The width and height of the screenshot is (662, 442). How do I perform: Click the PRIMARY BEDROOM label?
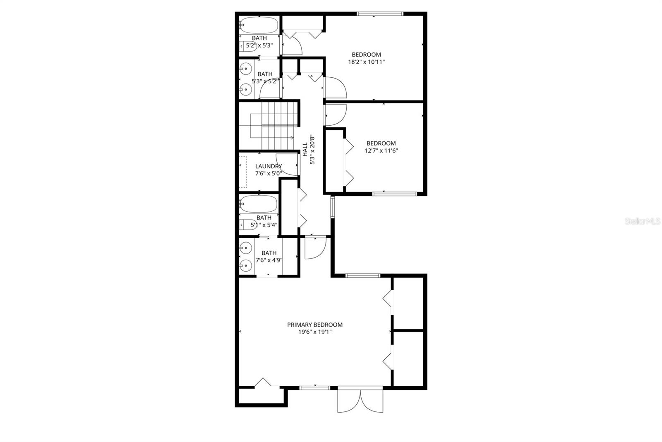coord(314,325)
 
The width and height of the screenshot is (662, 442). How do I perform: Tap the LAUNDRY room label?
coord(268,166)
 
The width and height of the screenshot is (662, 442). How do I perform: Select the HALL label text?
coord(305,150)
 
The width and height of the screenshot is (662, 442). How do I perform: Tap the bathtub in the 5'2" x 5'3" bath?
coord(259,25)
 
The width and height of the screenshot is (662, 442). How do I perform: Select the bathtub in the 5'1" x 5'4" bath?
coord(259,204)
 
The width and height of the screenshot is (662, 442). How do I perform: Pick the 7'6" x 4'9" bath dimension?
coord(269,260)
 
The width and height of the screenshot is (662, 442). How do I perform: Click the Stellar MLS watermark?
coord(642,221)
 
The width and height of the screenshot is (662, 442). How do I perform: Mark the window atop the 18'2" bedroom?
coord(380,14)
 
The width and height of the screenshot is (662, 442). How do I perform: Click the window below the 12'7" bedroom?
coord(394,193)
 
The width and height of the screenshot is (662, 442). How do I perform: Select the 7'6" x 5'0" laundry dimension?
coord(268,173)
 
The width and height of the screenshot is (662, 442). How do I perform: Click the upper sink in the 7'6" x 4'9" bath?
coord(246,248)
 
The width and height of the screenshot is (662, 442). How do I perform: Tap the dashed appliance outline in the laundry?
coord(243,172)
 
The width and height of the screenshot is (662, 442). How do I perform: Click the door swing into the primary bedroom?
coord(314,248)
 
